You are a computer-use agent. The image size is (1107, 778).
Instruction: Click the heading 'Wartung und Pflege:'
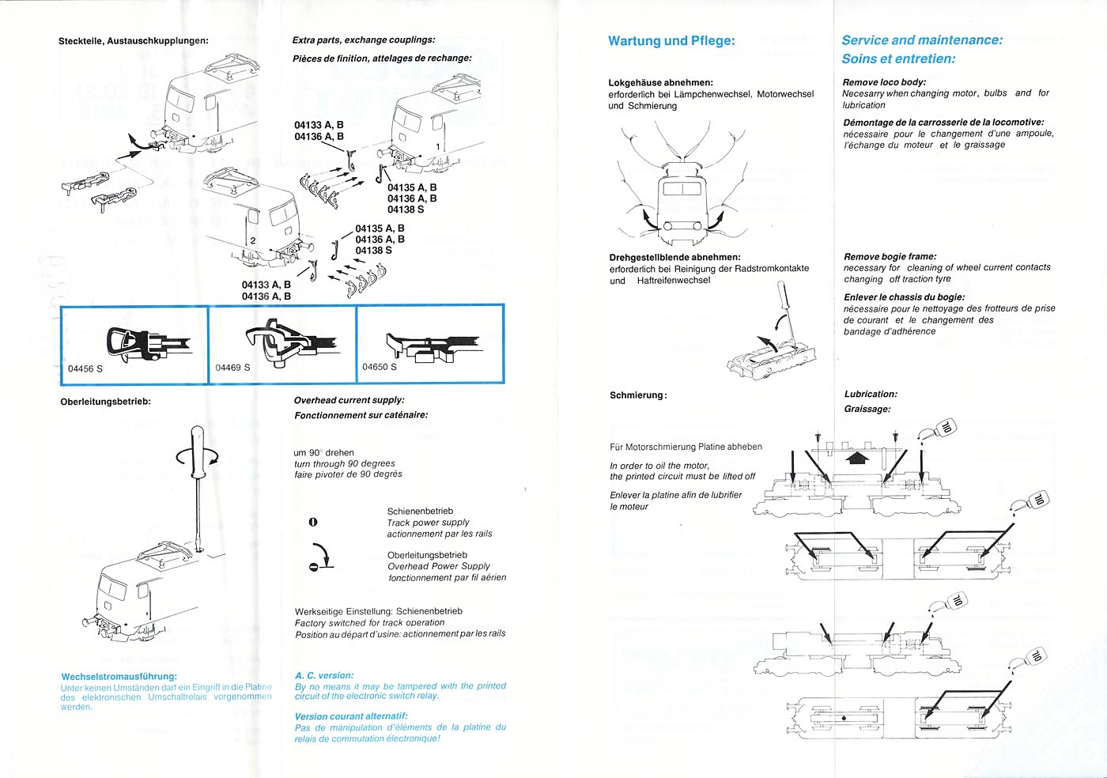[x=671, y=41]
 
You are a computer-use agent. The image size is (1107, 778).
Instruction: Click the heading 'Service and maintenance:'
[x=921, y=40]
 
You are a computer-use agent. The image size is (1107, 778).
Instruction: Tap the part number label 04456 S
[x=85, y=369]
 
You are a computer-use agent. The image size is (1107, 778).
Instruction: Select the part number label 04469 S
[x=232, y=368]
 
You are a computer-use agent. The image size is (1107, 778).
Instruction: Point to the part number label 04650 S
[x=380, y=367]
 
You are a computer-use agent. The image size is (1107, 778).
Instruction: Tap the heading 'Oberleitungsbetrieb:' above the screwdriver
[x=105, y=402]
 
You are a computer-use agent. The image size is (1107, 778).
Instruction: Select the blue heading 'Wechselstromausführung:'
[x=119, y=677]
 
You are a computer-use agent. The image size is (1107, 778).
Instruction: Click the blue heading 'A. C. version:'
[x=323, y=675]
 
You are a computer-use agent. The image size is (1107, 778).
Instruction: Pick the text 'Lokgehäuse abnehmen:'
[x=660, y=82]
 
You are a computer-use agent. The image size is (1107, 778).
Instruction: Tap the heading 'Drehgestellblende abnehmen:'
[x=674, y=257]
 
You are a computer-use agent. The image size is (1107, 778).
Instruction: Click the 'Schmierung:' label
[x=637, y=395]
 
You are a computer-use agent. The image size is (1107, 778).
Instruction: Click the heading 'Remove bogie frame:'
[x=890, y=256]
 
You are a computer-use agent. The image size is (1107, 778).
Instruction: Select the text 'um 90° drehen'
[x=323, y=453]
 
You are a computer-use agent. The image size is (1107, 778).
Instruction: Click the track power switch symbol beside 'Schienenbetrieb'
[x=312, y=522]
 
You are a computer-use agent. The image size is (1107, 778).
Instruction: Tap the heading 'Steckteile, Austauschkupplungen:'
[x=133, y=40]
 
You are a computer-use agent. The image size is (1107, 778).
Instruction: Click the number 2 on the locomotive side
[x=252, y=240]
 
